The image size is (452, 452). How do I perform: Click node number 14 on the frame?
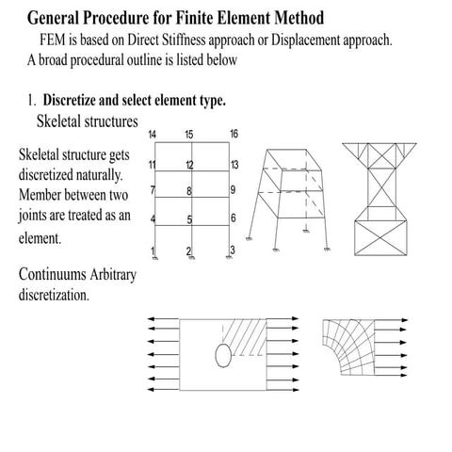click(153, 134)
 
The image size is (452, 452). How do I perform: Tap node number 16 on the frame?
click(234, 134)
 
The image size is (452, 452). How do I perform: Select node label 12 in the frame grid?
click(190, 166)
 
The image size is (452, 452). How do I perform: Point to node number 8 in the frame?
click(189, 192)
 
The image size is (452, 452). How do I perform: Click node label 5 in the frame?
click(189, 220)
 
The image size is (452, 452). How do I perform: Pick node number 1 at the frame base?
click(153, 250)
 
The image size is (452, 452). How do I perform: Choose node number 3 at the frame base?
click(232, 250)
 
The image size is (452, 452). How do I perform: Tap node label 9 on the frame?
click(233, 191)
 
